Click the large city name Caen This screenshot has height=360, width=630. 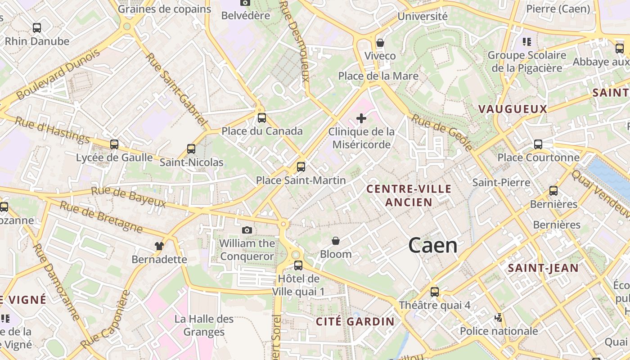[x=433, y=246]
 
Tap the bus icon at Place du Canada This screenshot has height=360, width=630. [x=261, y=118]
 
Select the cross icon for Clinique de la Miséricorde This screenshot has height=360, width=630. [x=361, y=118]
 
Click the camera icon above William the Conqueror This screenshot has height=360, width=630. [x=247, y=230]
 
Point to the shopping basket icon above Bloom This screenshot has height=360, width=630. [x=336, y=241]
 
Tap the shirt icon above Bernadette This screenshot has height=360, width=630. [x=159, y=246]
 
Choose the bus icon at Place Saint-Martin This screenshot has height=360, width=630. [x=301, y=167]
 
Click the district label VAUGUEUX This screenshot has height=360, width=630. [x=513, y=109]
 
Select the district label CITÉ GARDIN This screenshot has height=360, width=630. [x=355, y=321]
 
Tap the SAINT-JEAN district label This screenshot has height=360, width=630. [x=543, y=268]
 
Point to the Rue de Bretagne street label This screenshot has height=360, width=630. [x=101, y=217]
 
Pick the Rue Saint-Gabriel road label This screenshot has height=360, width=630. [x=176, y=90]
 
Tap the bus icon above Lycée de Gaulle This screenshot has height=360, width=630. [x=114, y=144]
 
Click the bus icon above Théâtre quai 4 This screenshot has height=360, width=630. [x=434, y=292]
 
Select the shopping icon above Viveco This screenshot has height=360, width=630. [x=380, y=43]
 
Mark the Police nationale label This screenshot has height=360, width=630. [x=499, y=331]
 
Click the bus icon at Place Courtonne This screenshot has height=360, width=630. [x=538, y=144]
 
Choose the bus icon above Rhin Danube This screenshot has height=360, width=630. [x=37, y=28]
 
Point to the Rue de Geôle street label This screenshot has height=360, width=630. [x=442, y=132]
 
